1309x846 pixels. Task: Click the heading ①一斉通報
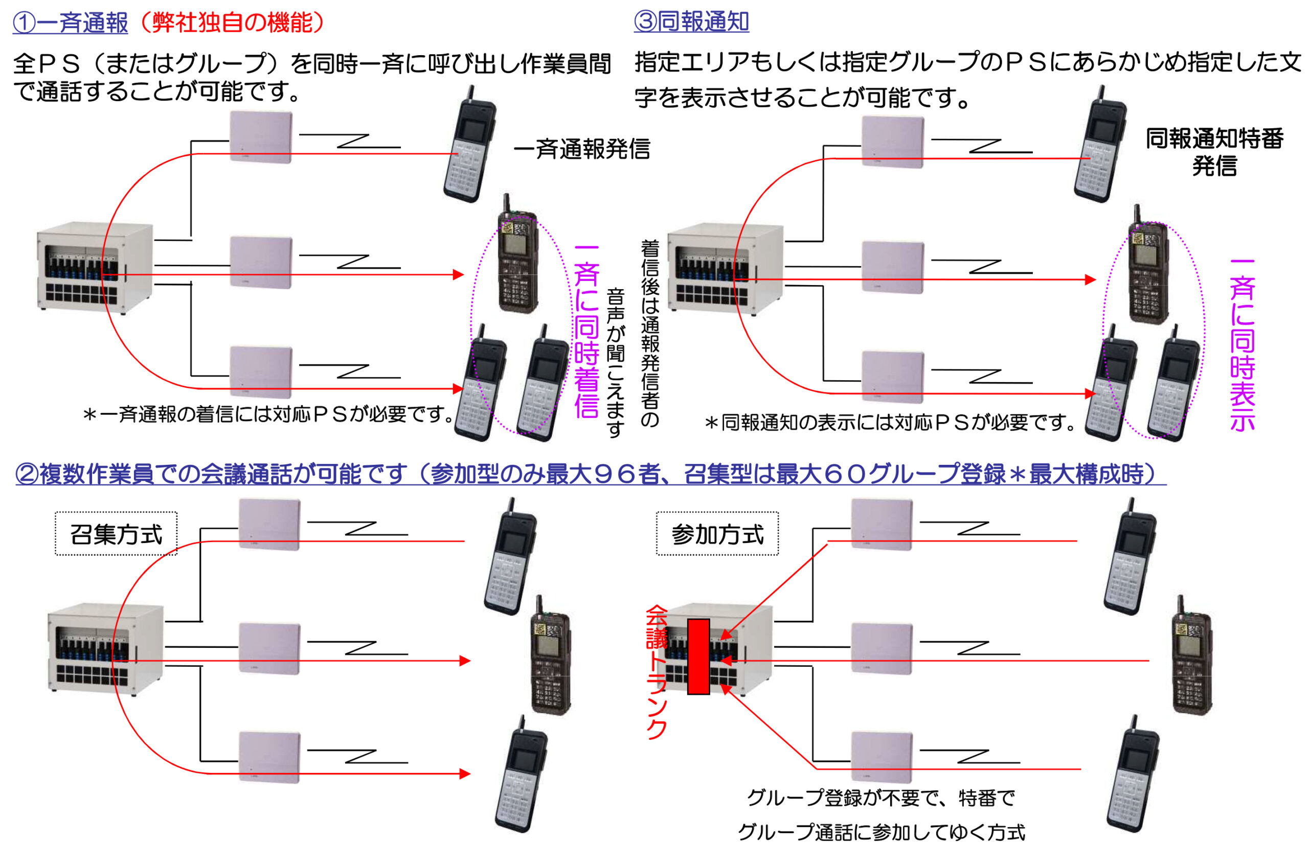(71, 23)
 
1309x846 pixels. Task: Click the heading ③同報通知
(690, 22)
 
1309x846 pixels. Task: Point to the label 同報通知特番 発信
(1214, 152)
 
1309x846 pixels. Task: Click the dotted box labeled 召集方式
(116, 534)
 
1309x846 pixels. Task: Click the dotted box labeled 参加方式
(717, 534)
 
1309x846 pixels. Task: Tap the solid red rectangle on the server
(698, 656)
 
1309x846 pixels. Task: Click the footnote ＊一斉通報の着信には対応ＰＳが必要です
(268, 414)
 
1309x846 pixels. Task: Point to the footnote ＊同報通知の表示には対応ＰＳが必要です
(890, 422)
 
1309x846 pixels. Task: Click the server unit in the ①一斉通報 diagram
(95, 267)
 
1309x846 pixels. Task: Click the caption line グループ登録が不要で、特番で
(880, 797)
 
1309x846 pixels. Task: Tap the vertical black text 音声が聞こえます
(615, 363)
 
